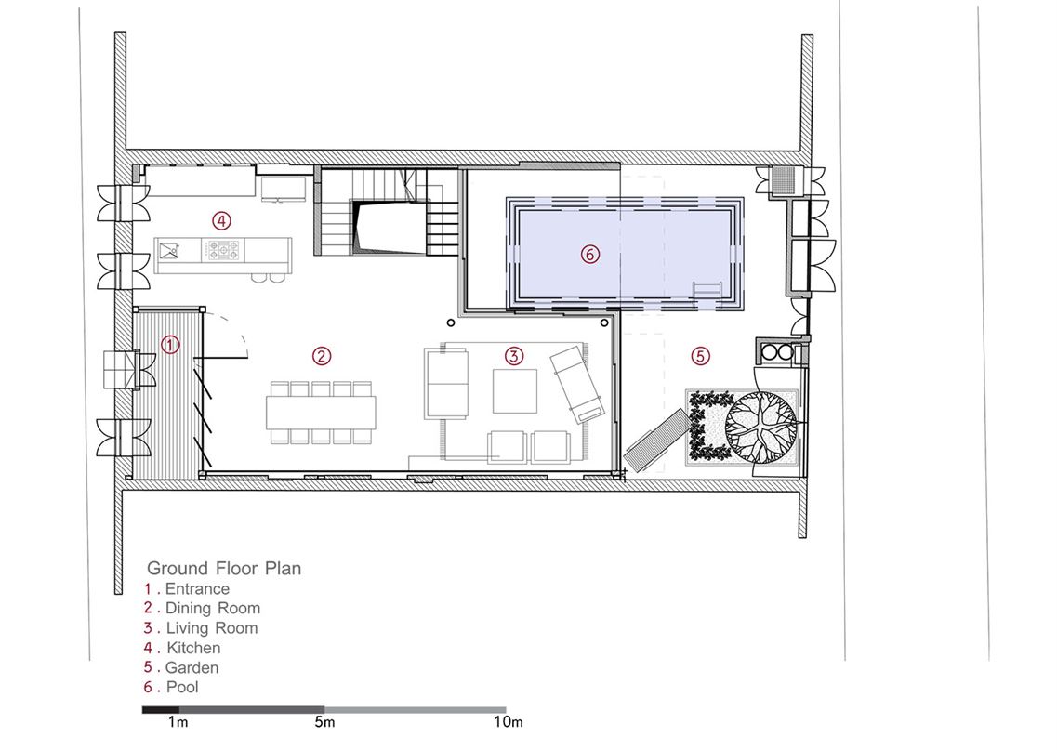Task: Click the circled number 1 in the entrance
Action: point(171,345)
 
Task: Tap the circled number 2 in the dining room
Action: point(322,355)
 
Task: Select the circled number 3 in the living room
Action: point(514,355)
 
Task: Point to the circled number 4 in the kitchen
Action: point(221,219)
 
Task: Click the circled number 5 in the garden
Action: point(700,355)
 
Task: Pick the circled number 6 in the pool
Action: point(589,254)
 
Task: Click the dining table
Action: point(321,413)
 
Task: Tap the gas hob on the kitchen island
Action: point(223,251)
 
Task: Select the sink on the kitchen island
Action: point(170,251)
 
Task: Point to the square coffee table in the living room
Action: point(515,391)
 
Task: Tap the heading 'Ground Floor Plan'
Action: point(224,568)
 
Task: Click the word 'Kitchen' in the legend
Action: point(193,648)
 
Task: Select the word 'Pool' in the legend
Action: point(183,687)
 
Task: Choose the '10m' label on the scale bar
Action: point(508,722)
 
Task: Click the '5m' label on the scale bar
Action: point(324,722)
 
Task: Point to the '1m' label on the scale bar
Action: point(178,722)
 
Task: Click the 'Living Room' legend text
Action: point(212,628)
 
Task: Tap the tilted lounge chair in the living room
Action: point(577,384)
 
